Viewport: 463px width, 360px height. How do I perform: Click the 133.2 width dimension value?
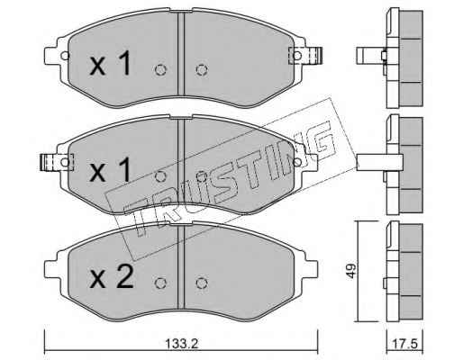click(x=181, y=344)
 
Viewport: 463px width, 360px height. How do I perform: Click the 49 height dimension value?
click(x=351, y=271)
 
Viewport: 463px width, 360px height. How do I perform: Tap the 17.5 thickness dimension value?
click(x=405, y=344)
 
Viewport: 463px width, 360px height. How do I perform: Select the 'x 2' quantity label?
click(x=111, y=277)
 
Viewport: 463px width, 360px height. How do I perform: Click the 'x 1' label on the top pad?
click(x=110, y=63)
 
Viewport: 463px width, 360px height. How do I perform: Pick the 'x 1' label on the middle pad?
click(x=110, y=170)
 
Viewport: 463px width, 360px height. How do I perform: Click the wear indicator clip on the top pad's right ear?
click(x=305, y=56)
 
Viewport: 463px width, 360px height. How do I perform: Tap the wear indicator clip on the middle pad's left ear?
click(x=57, y=162)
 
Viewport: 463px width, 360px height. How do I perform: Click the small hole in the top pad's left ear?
click(x=65, y=56)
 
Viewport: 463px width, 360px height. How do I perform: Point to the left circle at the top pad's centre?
click(x=160, y=70)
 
